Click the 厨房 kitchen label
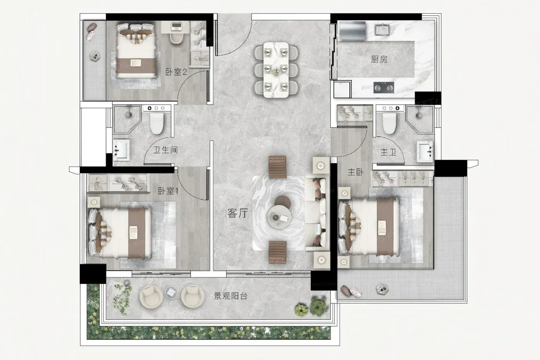pyautogui.click(x=379, y=59)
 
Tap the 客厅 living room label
pyautogui.click(x=238, y=213)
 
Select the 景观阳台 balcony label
pyautogui.click(x=231, y=296)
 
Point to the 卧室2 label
pyautogui.click(x=176, y=72)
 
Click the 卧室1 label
pyautogui.click(x=168, y=191)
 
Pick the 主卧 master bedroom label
pyautogui.click(x=355, y=172)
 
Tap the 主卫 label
pyautogui.click(x=388, y=152)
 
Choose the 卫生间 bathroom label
pyautogui.click(x=165, y=150)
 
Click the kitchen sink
pyautogui.click(x=383, y=30)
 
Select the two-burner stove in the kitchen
pyautogui.click(x=384, y=88)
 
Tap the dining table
pyautogui.click(x=276, y=70)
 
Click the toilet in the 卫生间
pyautogui.click(x=157, y=122)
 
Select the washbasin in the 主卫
pyautogui.click(x=425, y=151)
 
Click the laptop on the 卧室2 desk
pyautogui.click(x=177, y=26)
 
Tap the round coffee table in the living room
pyautogui.click(x=279, y=217)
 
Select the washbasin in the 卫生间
pyautogui.click(x=121, y=149)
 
